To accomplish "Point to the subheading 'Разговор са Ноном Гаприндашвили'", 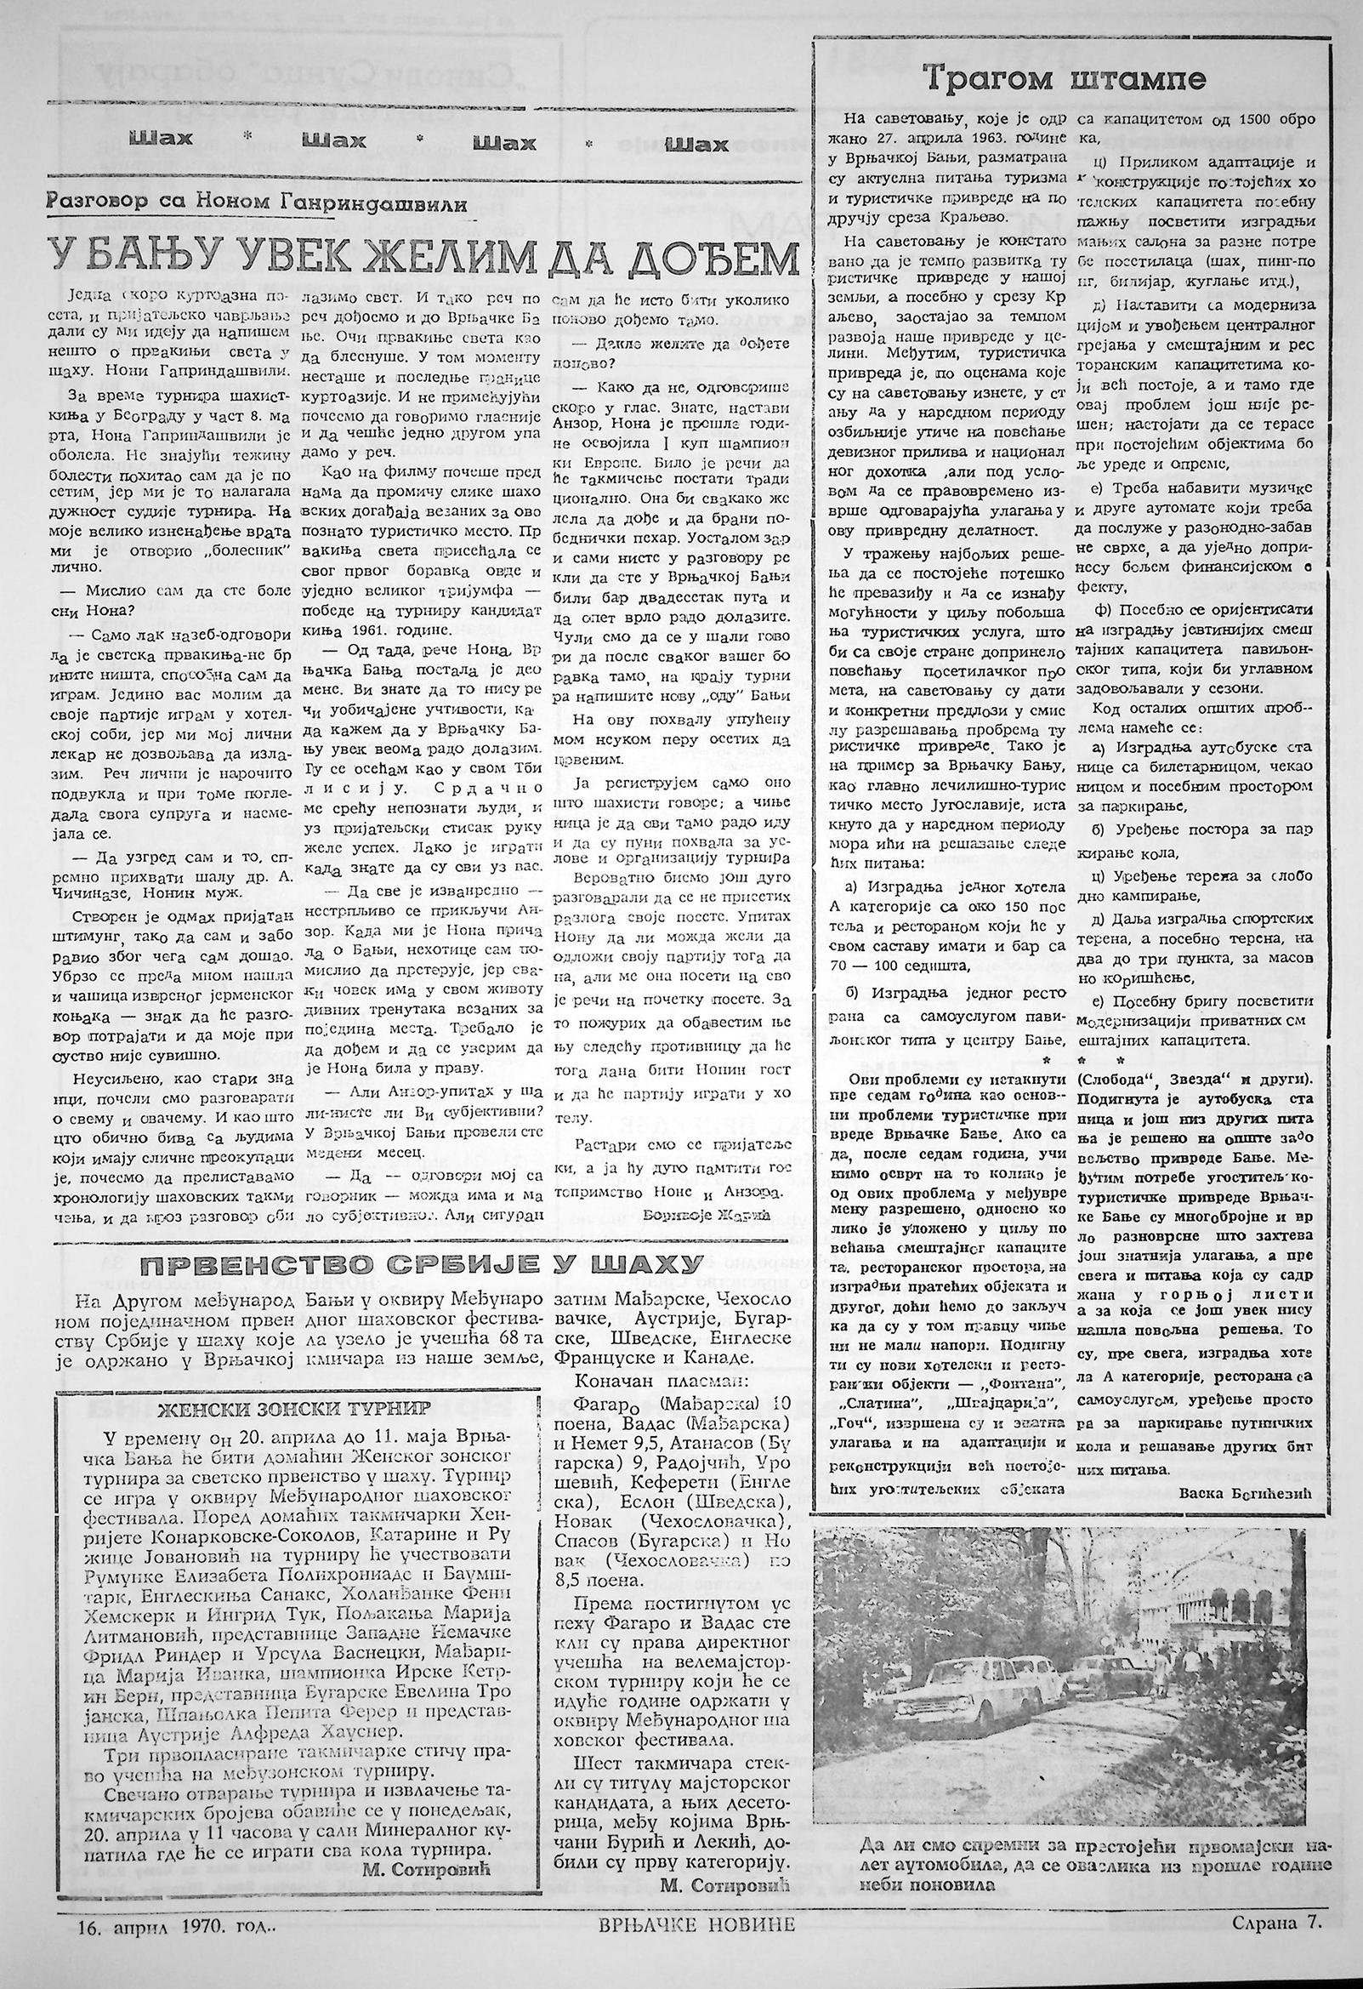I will (x=256, y=203).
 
